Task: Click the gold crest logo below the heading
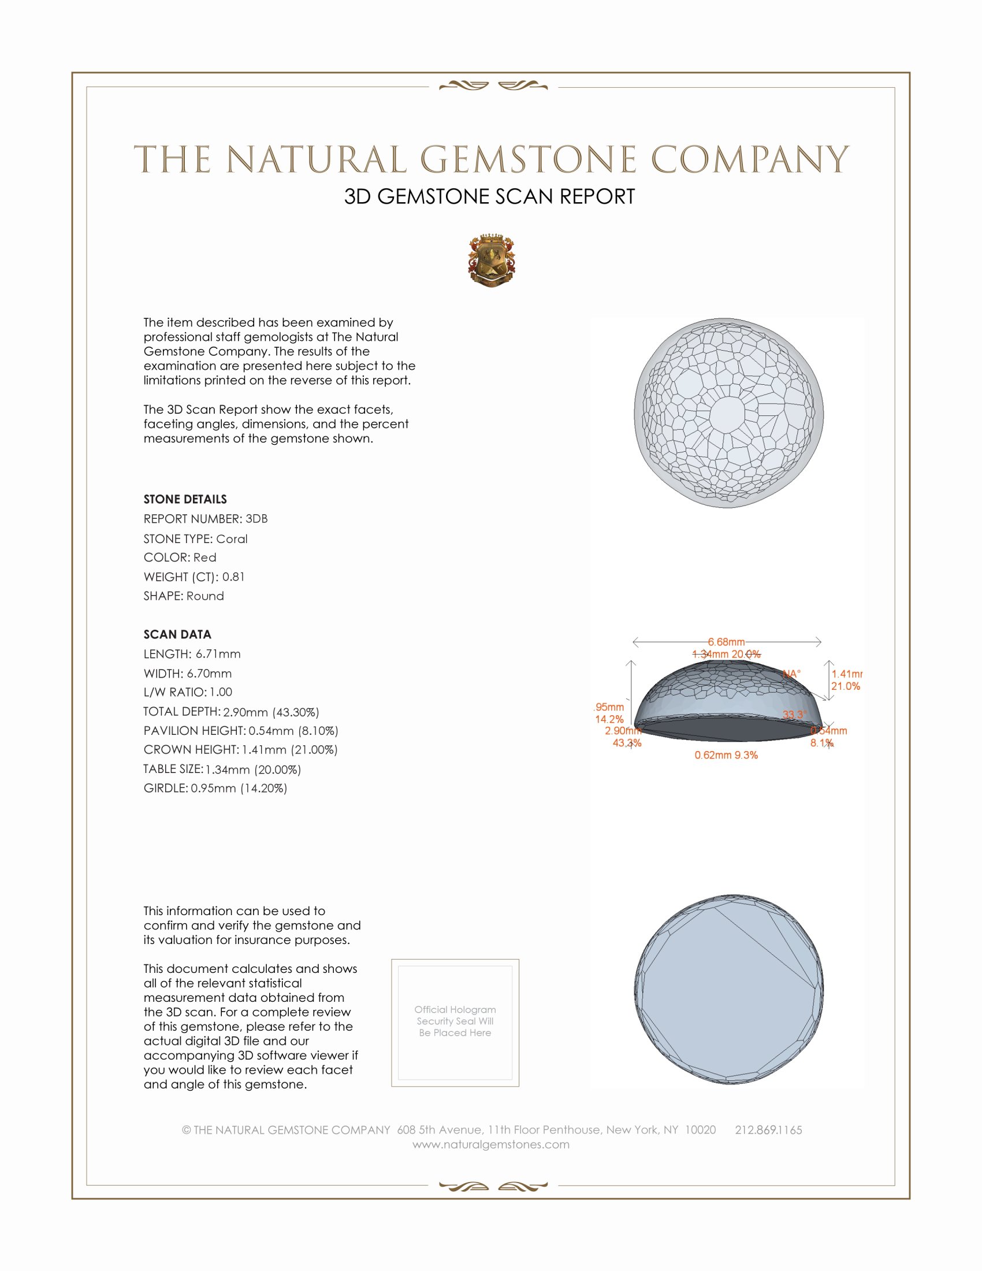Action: point(492,260)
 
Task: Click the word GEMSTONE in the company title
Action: point(528,159)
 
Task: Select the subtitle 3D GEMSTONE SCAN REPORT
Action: point(489,196)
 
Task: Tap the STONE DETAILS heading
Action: point(185,499)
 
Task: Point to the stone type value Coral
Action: point(232,539)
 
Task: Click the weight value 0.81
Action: point(233,577)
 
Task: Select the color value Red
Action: point(205,558)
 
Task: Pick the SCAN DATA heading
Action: point(177,634)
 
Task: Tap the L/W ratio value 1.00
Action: point(221,692)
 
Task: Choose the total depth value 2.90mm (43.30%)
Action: point(271,712)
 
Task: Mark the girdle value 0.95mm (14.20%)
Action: point(239,789)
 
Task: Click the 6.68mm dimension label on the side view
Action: point(726,642)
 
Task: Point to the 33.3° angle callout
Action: point(794,715)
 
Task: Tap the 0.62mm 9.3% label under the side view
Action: point(726,755)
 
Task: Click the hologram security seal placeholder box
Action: point(455,1023)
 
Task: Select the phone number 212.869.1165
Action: point(768,1129)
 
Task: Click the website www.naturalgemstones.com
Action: point(491,1144)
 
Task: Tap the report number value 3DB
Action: point(256,519)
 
